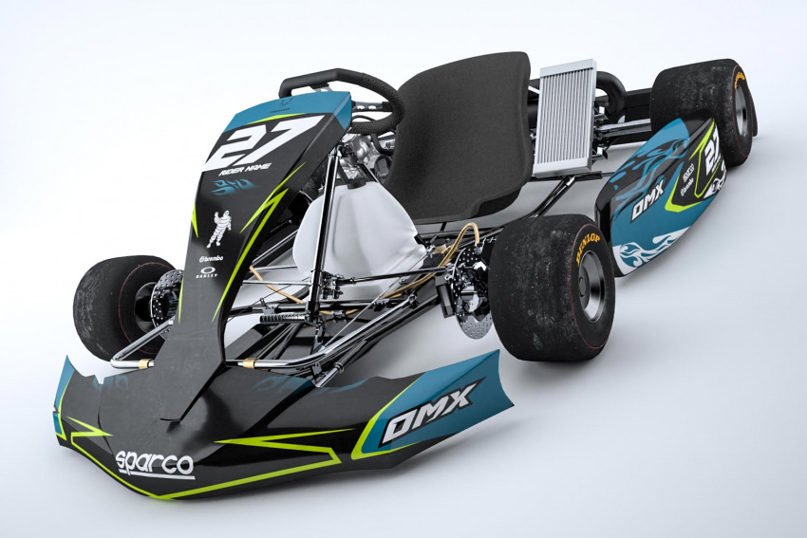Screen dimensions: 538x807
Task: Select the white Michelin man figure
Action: [x=219, y=229]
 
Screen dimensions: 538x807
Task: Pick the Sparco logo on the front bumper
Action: [x=154, y=463]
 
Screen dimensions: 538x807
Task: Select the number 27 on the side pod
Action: [x=711, y=147]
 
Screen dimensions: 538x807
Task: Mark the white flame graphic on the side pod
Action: [x=648, y=251]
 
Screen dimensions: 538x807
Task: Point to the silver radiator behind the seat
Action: [x=566, y=119]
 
